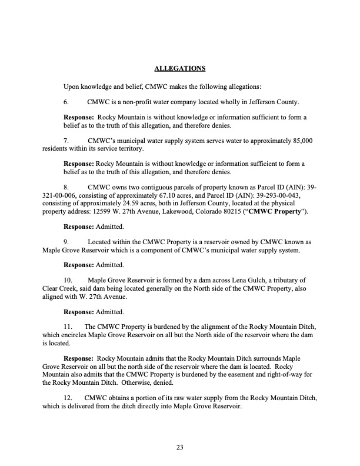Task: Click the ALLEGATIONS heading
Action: point(179,69)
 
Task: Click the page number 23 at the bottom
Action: point(180,448)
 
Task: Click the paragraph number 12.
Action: point(68,398)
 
